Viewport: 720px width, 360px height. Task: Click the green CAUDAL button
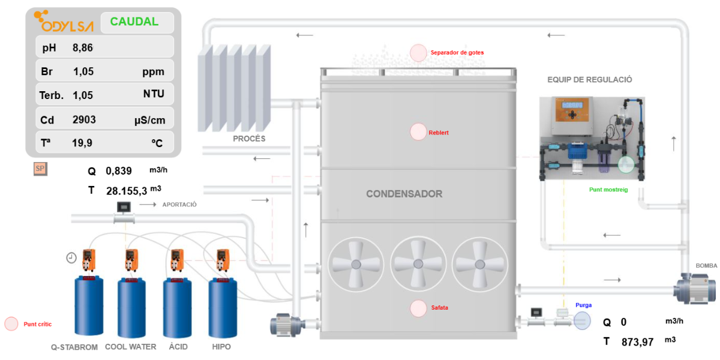point(137,22)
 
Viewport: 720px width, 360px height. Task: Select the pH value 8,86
point(83,47)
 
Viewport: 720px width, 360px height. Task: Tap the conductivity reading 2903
point(84,119)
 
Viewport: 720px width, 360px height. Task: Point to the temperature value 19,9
point(82,143)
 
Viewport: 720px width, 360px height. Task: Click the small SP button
point(40,169)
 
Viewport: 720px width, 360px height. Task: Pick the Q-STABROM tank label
point(74,347)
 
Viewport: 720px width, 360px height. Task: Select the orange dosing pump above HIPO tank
point(222,260)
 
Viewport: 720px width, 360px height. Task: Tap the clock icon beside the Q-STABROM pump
point(71,258)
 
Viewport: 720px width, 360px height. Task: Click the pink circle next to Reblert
point(418,132)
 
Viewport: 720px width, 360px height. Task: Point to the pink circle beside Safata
point(419,308)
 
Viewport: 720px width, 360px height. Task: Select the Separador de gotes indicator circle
point(418,53)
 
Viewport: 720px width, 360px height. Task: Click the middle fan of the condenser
point(418,264)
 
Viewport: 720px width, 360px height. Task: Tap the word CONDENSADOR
point(404,194)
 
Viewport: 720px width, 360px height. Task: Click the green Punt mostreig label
point(608,190)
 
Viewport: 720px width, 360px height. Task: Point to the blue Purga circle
point(583,320)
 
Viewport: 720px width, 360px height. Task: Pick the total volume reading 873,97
point(637,342)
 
